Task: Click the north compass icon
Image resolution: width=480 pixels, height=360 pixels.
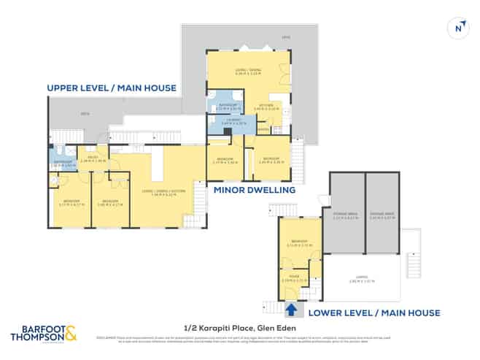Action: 458,27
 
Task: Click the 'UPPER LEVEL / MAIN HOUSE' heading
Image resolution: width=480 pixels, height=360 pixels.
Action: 112,88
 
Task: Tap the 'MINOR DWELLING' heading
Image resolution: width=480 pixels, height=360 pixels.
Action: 254,190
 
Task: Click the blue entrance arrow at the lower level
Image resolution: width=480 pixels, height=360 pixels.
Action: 292,310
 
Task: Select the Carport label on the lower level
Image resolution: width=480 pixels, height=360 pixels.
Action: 363,278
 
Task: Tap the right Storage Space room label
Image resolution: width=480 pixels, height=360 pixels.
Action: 382,215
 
